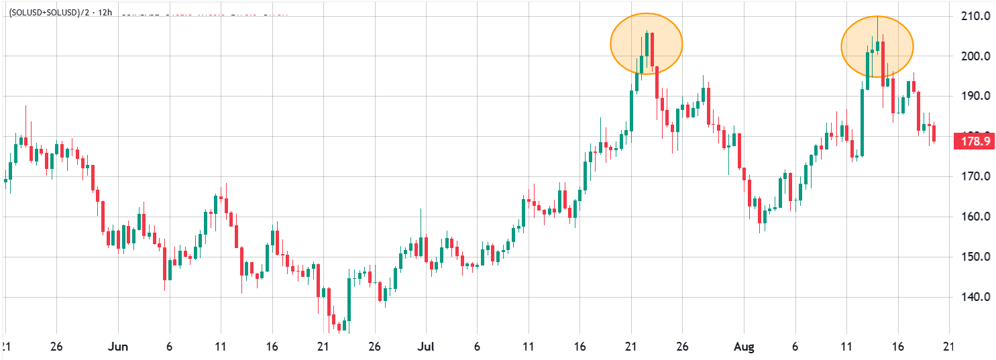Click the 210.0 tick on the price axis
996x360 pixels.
pos(973,15)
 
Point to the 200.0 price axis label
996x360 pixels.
pos(973,56)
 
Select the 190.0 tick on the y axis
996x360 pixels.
pos(973,96)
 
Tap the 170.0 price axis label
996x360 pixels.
pos(973,176)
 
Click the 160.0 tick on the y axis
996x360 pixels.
pos(973,217)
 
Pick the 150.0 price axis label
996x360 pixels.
pos(973,257)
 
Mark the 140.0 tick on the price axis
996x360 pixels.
pos(973,297)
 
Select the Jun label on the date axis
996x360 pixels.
pos(118,347)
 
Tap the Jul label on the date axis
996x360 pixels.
pos(425,347)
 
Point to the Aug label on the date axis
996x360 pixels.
pos(744,347)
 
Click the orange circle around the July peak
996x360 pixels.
pos(646,44)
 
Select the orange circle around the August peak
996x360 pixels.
pos(877,46)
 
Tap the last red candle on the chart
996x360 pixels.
pos(934,132)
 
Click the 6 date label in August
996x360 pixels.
pos(795,347)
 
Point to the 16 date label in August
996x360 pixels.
pos(897,347)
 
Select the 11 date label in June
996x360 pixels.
pos(220,347)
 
